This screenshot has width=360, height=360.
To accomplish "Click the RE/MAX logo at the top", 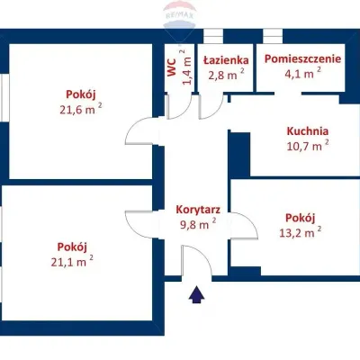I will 180,16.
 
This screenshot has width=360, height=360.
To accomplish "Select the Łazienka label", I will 225,59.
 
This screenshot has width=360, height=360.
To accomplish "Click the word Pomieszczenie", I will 302,59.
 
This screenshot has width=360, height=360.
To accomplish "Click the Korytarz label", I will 199,209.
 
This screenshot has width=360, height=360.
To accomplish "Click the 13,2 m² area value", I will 301,232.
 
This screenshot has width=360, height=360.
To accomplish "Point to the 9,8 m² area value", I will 196,224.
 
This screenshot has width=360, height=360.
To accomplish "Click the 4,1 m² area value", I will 302,74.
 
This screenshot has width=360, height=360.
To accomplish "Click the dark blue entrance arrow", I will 196,293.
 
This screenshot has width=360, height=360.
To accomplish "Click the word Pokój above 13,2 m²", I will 300,218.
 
